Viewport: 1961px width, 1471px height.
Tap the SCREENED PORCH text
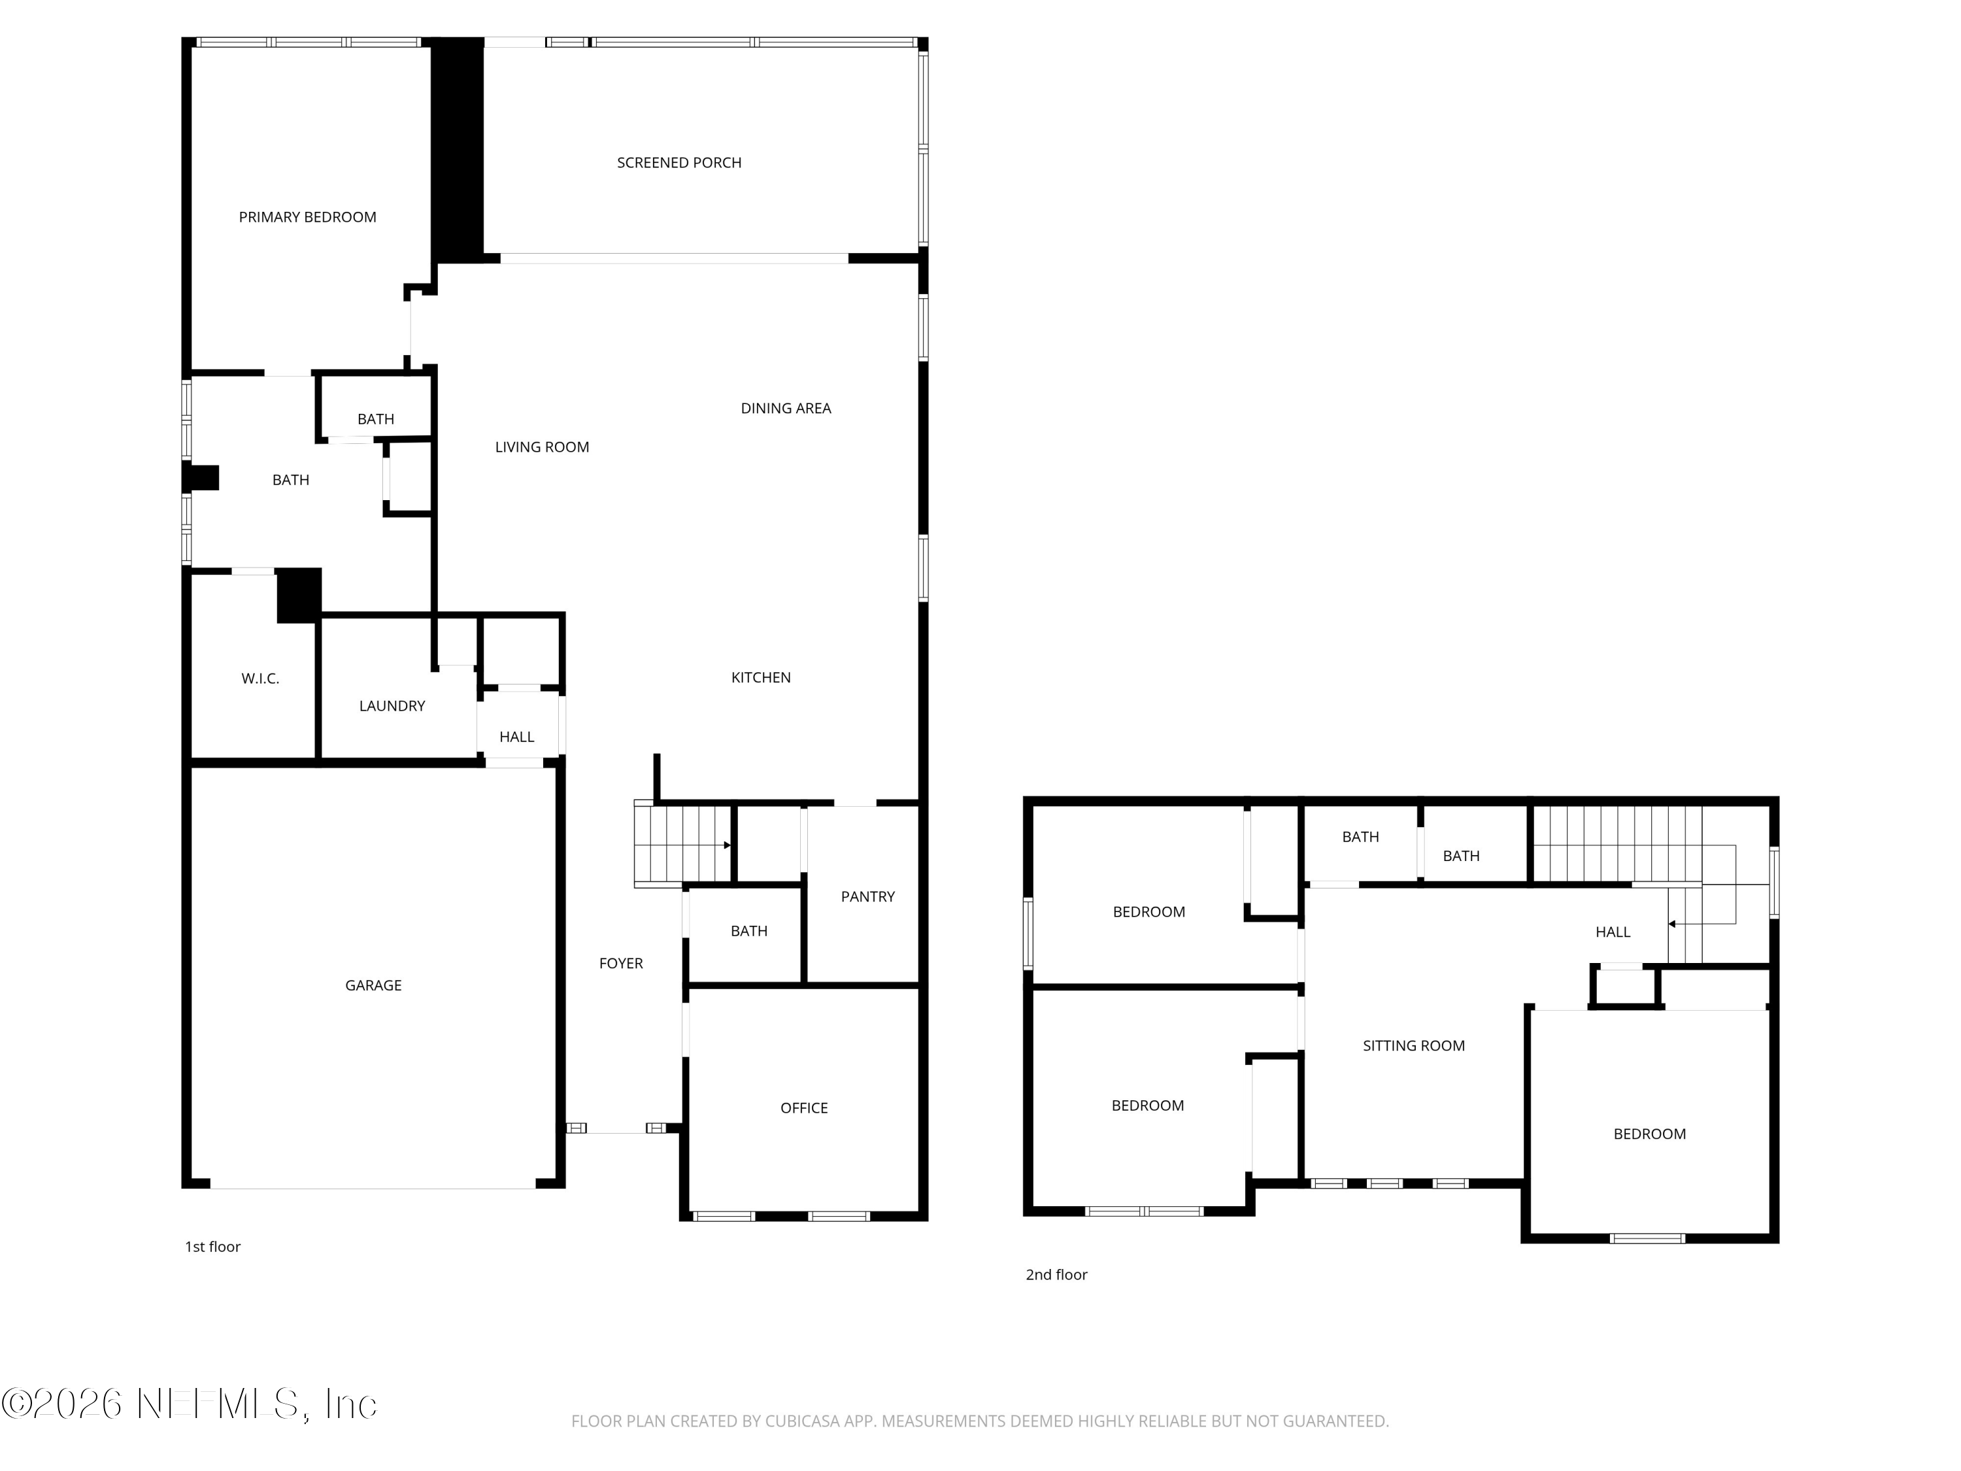(x=679, y=163)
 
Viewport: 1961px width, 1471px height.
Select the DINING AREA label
(x=786, y=409)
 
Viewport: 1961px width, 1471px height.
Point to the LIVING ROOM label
(x=542, y=448)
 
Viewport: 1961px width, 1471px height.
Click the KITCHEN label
(x=761, y=677)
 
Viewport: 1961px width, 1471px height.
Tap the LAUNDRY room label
(x=392, y=707)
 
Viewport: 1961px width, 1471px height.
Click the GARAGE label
(x=373, y=986)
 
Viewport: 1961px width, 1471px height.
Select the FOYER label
(x=620, y=964)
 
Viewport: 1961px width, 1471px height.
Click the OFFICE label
(x=803, y=1108)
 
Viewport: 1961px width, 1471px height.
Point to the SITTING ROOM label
(x=1413, y=1046)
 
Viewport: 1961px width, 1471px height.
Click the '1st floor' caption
(x=212, y=1247)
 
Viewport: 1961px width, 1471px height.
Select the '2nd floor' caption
(x=1056, y=1275)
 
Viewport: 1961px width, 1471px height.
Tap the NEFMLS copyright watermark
(x=189, y=1404)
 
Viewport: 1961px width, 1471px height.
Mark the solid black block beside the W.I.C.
(x=299, y=596)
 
